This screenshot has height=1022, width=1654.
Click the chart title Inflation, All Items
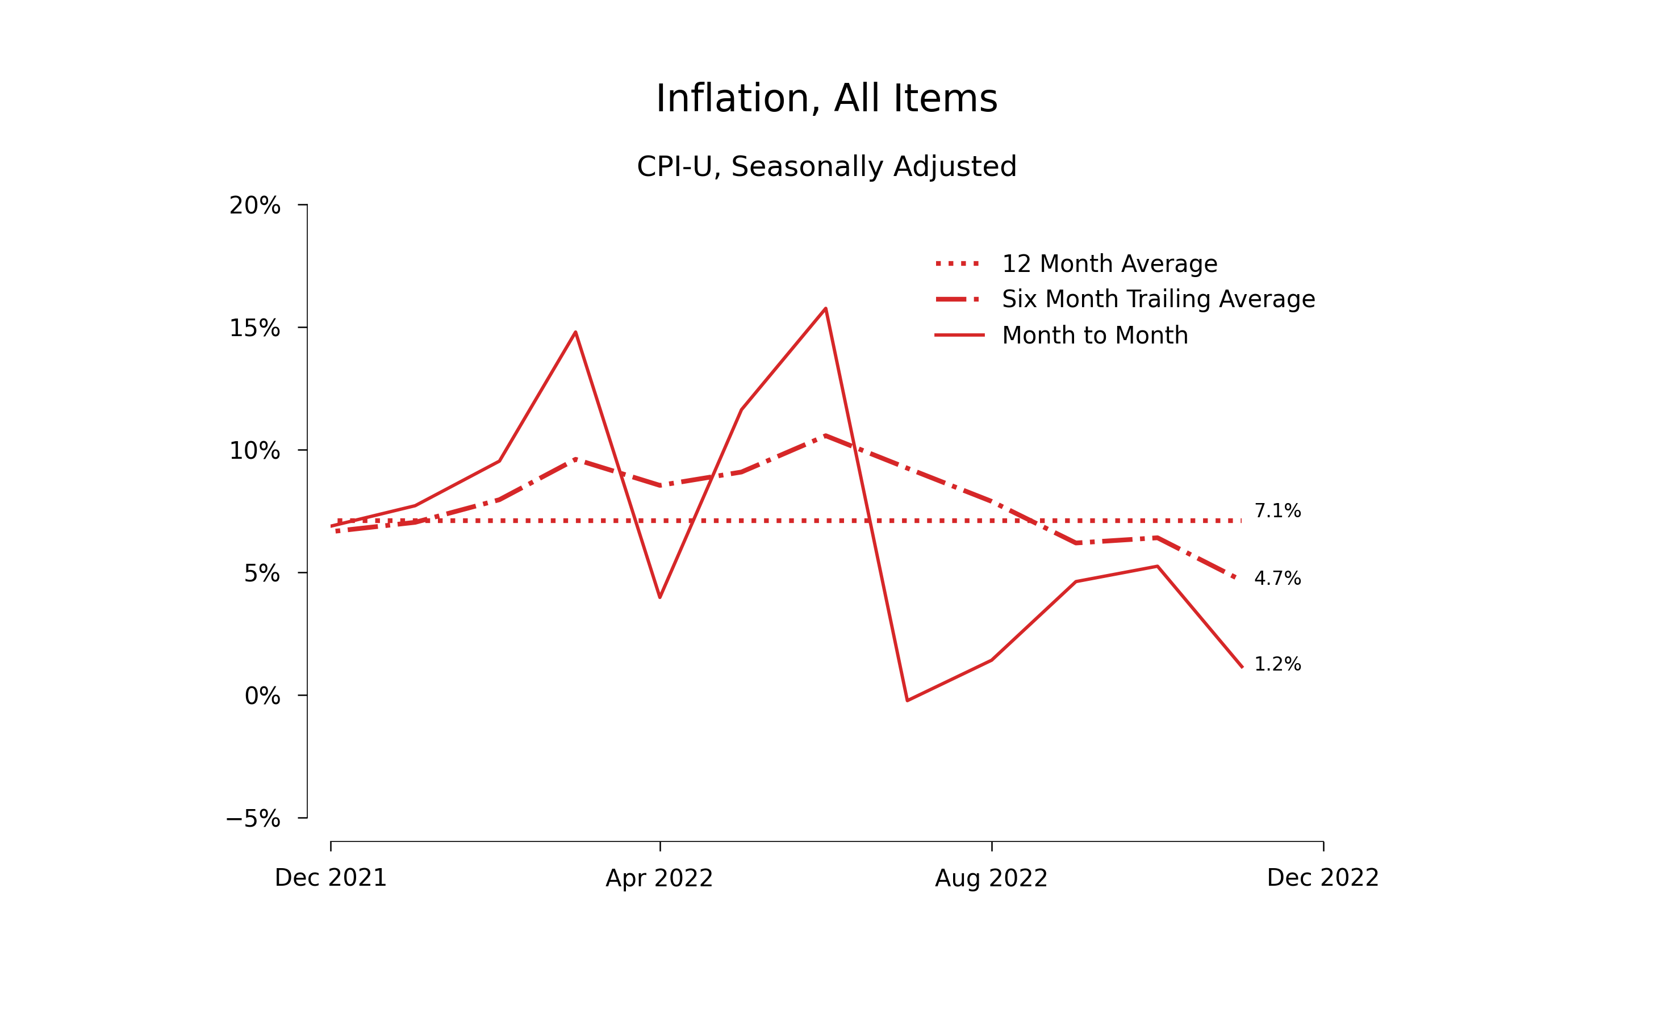826,99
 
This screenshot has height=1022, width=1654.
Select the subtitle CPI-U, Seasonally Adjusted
826,166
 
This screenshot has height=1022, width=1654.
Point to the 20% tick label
254,206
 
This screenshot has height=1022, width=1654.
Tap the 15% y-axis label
254,329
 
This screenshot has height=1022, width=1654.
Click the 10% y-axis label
254,451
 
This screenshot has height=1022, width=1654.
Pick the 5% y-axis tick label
262,574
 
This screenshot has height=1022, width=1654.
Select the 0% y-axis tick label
262,696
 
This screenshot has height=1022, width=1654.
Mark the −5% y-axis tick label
253,819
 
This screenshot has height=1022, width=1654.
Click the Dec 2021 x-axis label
331,878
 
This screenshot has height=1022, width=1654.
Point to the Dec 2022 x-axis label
1323,878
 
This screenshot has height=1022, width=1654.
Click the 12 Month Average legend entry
1109,263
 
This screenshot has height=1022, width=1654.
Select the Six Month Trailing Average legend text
1158,299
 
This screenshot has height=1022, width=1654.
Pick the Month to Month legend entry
1094,335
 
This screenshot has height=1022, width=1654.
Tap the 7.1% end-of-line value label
1277,511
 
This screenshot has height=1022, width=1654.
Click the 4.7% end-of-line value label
1277,579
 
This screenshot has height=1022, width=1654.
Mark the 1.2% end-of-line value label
1277,664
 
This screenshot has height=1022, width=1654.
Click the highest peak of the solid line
826,309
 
